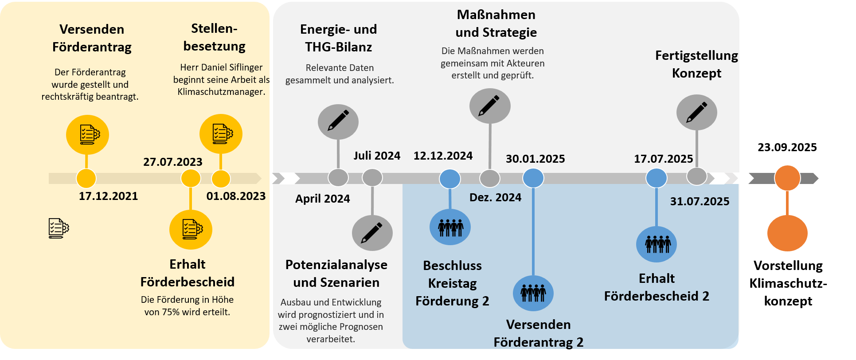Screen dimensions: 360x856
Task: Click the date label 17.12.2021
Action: pos(108,196)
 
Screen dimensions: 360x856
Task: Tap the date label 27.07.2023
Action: pos(172,162)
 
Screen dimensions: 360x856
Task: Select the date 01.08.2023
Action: pos(236,196)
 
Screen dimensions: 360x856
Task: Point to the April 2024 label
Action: pos(322,199)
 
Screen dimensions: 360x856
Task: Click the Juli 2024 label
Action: pos(377,156)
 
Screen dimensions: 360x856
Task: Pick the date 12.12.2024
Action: pos(443,156)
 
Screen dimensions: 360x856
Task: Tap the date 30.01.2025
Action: pos(535,159)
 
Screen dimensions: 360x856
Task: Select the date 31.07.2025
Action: pos(700,201)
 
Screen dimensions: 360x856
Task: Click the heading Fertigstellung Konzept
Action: pos(696,64)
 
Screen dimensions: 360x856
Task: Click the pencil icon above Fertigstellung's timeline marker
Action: pos(696,113)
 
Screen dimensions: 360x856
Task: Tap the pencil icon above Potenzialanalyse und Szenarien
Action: pos(372,233)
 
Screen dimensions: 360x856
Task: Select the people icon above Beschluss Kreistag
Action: pos(450,227)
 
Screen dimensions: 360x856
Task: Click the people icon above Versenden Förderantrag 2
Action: pos(533,293)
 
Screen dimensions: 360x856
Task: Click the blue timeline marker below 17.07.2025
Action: pos(656,178)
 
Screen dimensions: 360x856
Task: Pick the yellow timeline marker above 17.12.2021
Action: pos(86,178)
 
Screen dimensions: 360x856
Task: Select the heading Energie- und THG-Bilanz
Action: pos(338,38)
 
